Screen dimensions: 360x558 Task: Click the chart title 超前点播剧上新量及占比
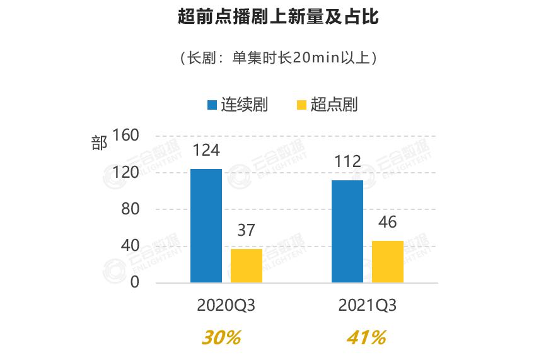pyautogui.click(x=279, y=17)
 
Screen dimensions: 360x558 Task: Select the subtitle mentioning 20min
pyautogui.click(x=279, y=58)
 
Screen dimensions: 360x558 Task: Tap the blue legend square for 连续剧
pyautogui.click(x=212, y=105)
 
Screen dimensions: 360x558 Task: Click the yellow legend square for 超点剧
pyautogui.click(x=301, y=105)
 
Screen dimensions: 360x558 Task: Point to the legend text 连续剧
pyautogui.click(x=244, y=105)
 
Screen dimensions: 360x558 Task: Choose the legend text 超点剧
pyautogui.click(x=334, y=105)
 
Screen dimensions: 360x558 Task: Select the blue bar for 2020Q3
pyautogui.click(x=206, y=226)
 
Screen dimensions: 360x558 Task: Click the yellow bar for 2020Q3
pyautogui.click(x=247, y=265)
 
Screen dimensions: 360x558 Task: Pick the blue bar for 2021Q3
pyautogui.click(x=347, y=231)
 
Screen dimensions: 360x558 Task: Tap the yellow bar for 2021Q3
pyautogui.click(x=388, y=262)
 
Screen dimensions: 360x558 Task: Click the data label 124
pyautogui.click(x=206, y=151)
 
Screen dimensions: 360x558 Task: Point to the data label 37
pyautogui.click(x=246, y=231)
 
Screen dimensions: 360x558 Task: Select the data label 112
pyautogui.click(x=347, y=162)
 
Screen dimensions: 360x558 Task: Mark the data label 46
pyautogui.click(x=388, y=223)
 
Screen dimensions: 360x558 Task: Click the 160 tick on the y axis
pyautogui.click(x=125, y=136)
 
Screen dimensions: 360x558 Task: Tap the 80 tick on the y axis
pyautogui.click(x=130, y=209)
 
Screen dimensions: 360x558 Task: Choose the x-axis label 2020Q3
pyautogui.click(x=226, y=306)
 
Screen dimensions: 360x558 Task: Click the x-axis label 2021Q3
pyautogui.click(x=368, y=306)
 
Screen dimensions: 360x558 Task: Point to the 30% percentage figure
pyautogui.click(x=221, y=338)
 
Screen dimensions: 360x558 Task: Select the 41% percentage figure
pyautogui.click(x=366, y=338)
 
